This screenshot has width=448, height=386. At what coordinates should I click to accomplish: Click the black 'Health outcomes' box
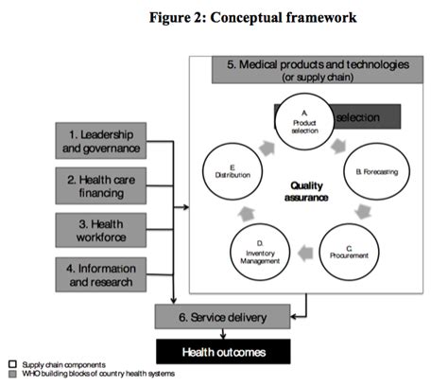point(223,351)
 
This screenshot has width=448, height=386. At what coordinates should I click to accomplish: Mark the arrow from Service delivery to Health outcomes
point(222,333)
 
